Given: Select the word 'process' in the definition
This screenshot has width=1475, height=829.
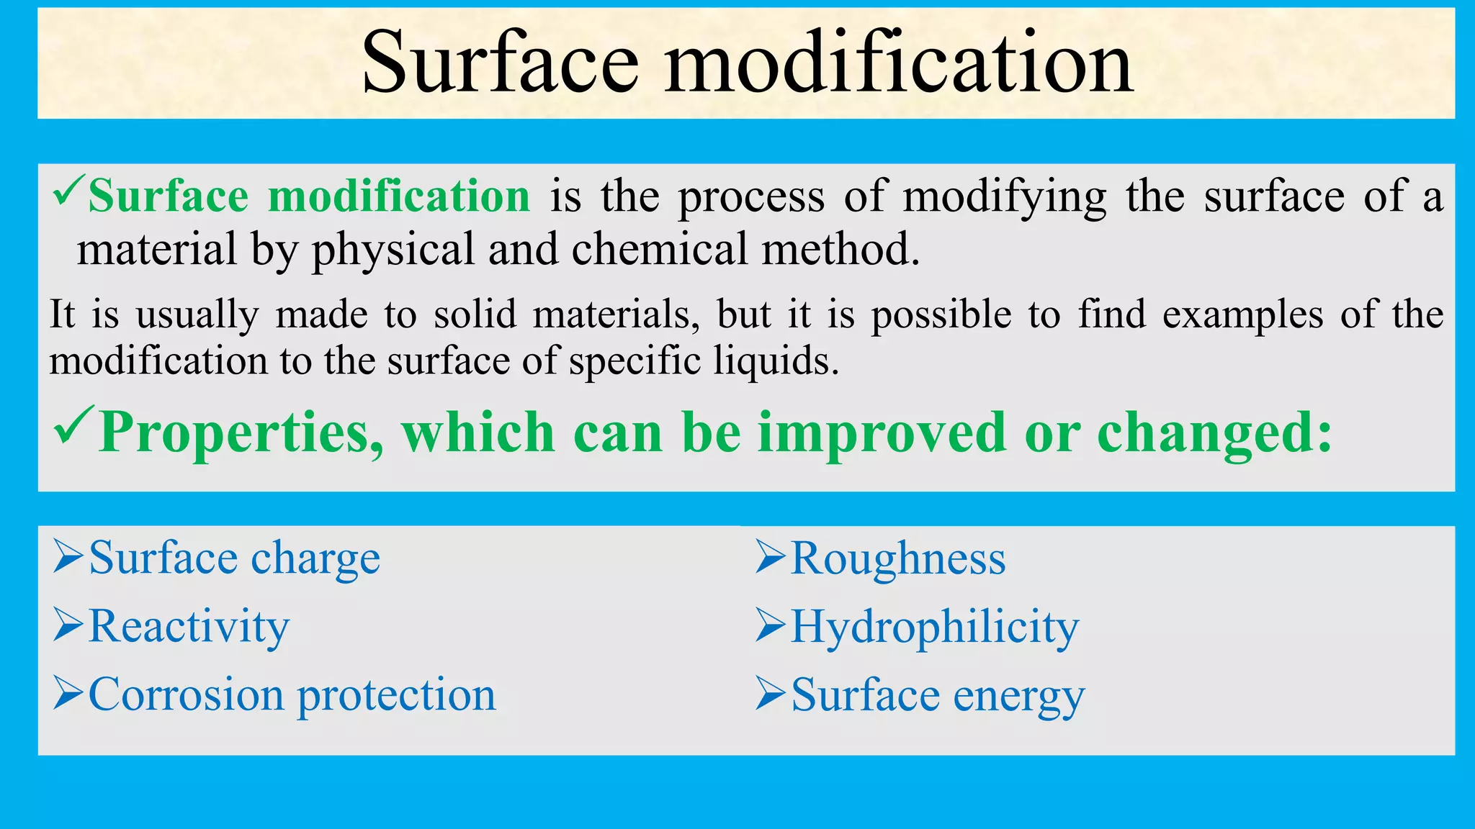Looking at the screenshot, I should pyautogui.click(x=751, y=197).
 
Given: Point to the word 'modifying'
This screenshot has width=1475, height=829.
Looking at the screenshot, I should pyautogui.click(x=1005, y=197).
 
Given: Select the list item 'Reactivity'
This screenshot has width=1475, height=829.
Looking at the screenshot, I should pyautogui.click(x=189, y=626).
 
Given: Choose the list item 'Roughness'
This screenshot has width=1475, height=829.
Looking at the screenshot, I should pyautogui.click(x=898, y=558).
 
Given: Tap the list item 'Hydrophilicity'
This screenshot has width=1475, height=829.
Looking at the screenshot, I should pyautogui.click(x=935, y=627).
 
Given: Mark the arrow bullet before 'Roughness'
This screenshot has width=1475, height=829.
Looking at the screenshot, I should pyautogui.click(x=771, y=558).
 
